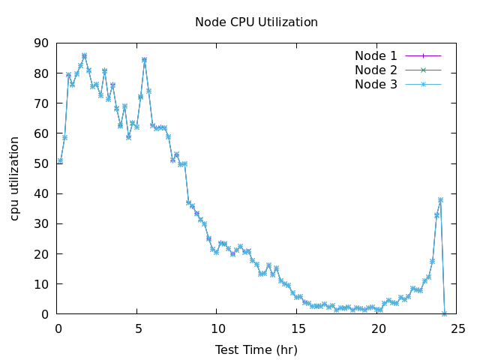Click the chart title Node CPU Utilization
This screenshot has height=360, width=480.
[x=256, y=22]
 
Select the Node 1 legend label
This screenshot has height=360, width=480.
[x=376, y=55]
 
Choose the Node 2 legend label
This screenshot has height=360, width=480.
[x=376, y=70]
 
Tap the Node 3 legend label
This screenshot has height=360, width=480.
[x=376, y=84]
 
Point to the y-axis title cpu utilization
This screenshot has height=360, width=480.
[x=15, y=178]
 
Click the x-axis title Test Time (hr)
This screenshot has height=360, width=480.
[x=256, y=349]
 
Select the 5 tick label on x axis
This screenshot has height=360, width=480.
[x=139, y=328]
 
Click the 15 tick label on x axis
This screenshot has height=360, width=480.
[x=298, y=328]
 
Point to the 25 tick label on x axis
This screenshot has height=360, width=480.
[x=458, y=328]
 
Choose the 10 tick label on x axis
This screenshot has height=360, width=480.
[x=218, y=328]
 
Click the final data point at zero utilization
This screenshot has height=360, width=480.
[x=445, y=313]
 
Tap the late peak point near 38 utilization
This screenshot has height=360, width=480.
[x=440, y=200]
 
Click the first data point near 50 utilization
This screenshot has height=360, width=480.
[x=60, y=161]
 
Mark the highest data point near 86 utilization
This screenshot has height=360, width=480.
[x=84, y=55]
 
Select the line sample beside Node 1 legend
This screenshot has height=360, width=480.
[x=423, y=55]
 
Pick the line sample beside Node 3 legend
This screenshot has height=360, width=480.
[x=423, y=84]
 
